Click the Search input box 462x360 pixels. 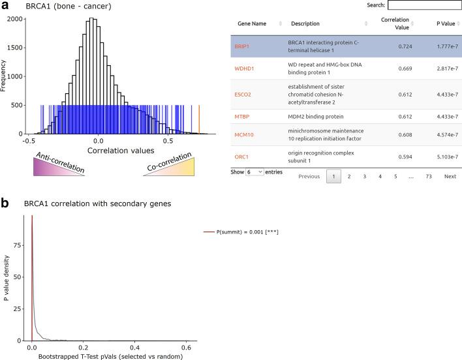424,5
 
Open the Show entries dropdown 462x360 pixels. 255,172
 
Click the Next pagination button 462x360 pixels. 450,176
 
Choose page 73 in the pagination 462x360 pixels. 428,176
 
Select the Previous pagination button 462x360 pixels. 309,176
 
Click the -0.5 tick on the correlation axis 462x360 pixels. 27,140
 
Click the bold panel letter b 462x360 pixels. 5,203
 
